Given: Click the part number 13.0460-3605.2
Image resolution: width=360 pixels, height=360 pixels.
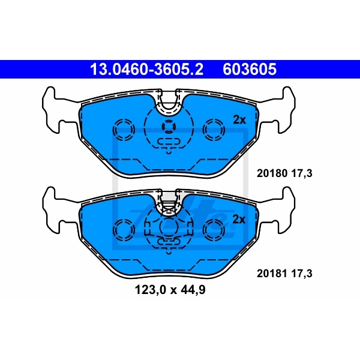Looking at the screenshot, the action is [146, 70].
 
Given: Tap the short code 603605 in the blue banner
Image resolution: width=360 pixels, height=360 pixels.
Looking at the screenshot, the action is [250, 70].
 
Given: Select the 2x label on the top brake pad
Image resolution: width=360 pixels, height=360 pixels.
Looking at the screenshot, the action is [239, 120].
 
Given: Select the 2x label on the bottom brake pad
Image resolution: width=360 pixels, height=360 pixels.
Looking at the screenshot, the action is [239, 220].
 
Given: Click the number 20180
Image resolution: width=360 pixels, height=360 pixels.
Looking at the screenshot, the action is [272, 173].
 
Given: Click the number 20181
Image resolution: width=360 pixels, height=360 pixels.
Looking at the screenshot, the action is [272, 274].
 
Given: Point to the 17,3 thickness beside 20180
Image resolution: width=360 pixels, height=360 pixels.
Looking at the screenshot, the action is [302, 173].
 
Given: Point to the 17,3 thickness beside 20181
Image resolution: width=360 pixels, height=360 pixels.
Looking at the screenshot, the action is [302, 274].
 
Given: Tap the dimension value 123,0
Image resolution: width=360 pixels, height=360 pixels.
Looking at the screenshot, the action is [150, 290].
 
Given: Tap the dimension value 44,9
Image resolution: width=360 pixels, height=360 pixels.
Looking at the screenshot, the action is [193, 290].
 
